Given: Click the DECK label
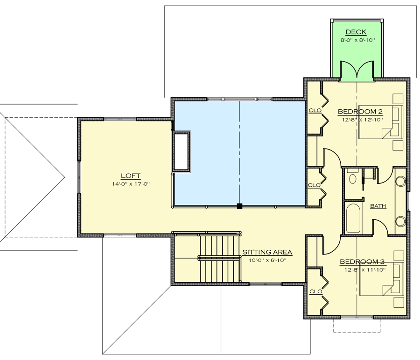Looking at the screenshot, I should click(356, 32).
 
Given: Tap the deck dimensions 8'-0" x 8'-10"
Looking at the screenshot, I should click(357, 41).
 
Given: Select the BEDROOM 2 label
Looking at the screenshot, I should click(360, 112).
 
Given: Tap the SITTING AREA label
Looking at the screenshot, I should click(267, 252).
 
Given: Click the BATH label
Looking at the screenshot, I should click(378, 206).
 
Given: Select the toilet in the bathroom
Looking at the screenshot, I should click(353, 177).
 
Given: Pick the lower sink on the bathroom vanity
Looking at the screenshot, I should click(400, 221).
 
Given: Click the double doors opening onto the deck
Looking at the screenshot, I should click(357, 71).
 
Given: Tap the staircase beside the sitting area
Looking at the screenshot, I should click(219, 258).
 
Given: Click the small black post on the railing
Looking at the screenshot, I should click(239, 206).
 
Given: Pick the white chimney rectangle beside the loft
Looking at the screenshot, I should click(182, 152).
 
